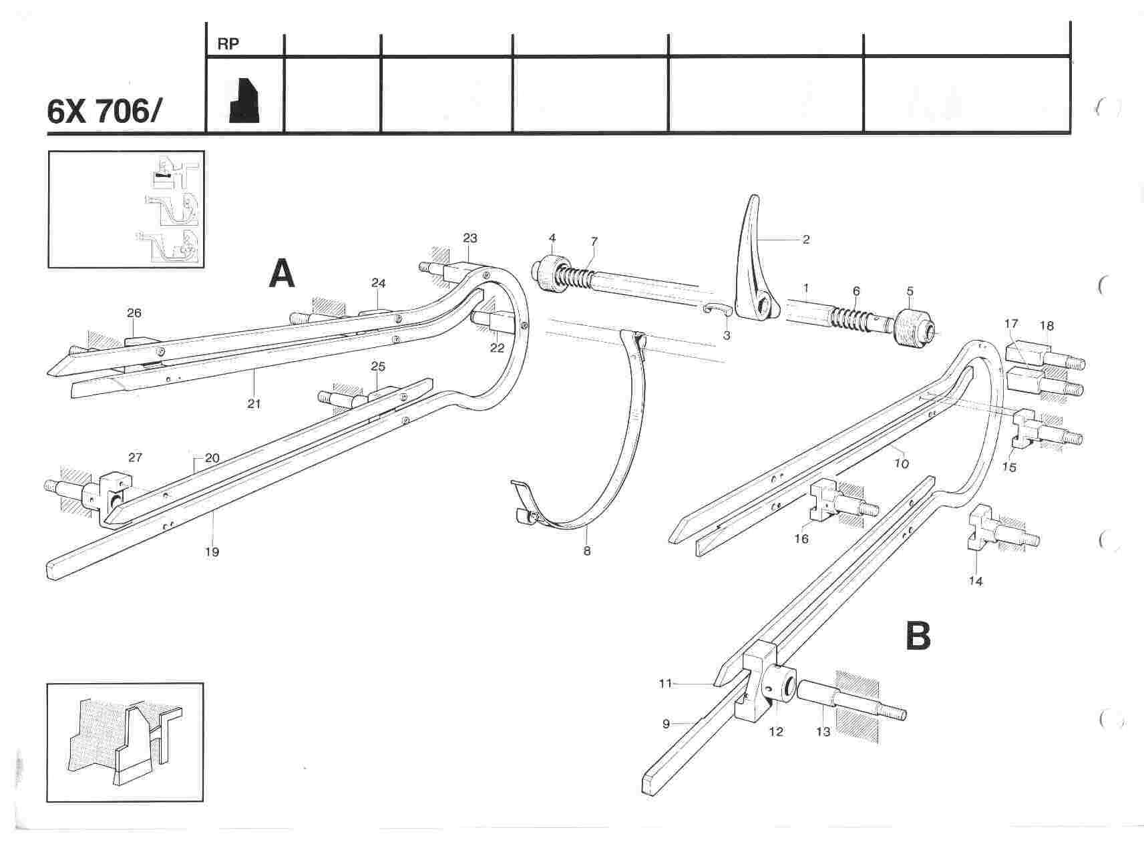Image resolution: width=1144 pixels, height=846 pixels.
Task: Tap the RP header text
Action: point(228,44)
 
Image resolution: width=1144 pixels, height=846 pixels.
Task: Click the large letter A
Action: point(282,274)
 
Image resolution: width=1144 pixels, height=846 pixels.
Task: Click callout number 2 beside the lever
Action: point(806,239)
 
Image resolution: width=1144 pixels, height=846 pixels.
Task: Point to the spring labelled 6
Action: point(855,316)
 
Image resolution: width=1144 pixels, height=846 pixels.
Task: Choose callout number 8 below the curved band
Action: point(587,551)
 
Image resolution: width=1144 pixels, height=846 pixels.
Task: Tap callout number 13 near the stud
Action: point(823,732)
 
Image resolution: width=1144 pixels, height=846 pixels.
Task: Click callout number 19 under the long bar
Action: point(212,552)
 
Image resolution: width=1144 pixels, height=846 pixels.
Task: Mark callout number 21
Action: point(254,403)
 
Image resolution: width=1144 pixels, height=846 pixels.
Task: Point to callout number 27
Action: point(136,457)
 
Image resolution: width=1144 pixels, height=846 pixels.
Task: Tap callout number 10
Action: point(902,463)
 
